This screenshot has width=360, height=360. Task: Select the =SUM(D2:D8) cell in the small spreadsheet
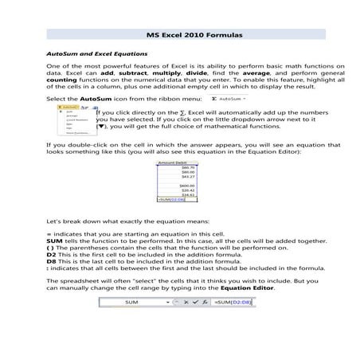pyautogui.click(x=171, y=200)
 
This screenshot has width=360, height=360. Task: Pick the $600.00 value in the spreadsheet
pyautogui.click(x=188, y=185)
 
